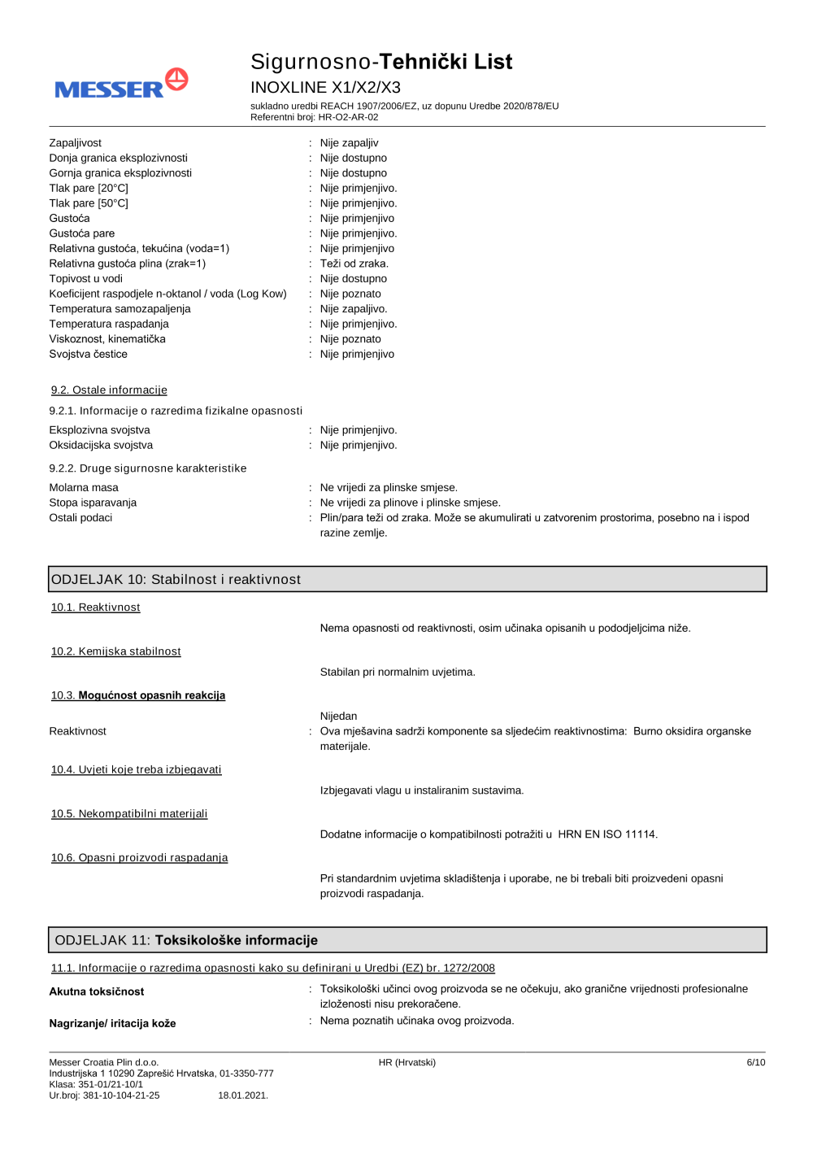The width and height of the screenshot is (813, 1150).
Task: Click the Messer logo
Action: click(x=121, y=85)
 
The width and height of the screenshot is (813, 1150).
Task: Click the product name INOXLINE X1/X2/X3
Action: click(x=325, y=87)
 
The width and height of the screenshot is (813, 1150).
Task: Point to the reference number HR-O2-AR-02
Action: click(x=348, y=117)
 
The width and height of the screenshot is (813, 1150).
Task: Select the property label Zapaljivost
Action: click(x=76, y=143)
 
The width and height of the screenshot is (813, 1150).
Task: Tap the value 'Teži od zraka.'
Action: click(x=354, y=264)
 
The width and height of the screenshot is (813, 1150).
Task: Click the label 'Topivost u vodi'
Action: click(x=86, y=279)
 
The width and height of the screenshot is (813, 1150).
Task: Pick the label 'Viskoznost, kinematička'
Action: click(x=107, y=339)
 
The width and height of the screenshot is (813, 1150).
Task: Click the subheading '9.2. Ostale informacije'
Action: click(x=109, y=390)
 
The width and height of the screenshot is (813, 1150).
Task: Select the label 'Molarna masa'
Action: click(x=84, y=488)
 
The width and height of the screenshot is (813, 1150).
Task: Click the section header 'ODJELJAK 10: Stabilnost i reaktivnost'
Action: click(x=176, y=579)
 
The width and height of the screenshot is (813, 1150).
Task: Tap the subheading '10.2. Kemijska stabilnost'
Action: click(x=116, y=651)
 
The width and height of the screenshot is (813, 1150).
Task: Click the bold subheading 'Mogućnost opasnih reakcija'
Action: click(x=152, y=695)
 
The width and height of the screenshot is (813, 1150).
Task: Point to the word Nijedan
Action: click(x=339, y=717)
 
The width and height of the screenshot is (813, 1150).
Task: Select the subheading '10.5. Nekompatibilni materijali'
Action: click(x=129, y=814)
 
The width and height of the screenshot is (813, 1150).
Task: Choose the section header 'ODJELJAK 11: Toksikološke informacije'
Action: click(x=186, y=940)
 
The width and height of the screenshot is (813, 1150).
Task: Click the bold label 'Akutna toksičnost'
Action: click(x=97, y=992)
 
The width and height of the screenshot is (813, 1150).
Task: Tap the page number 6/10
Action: click(x=755, y=1062)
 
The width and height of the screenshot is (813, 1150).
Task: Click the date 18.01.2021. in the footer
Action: click(x=243, y=1096)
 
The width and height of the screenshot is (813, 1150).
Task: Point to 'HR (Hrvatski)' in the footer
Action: click(x=407, y=1062)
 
